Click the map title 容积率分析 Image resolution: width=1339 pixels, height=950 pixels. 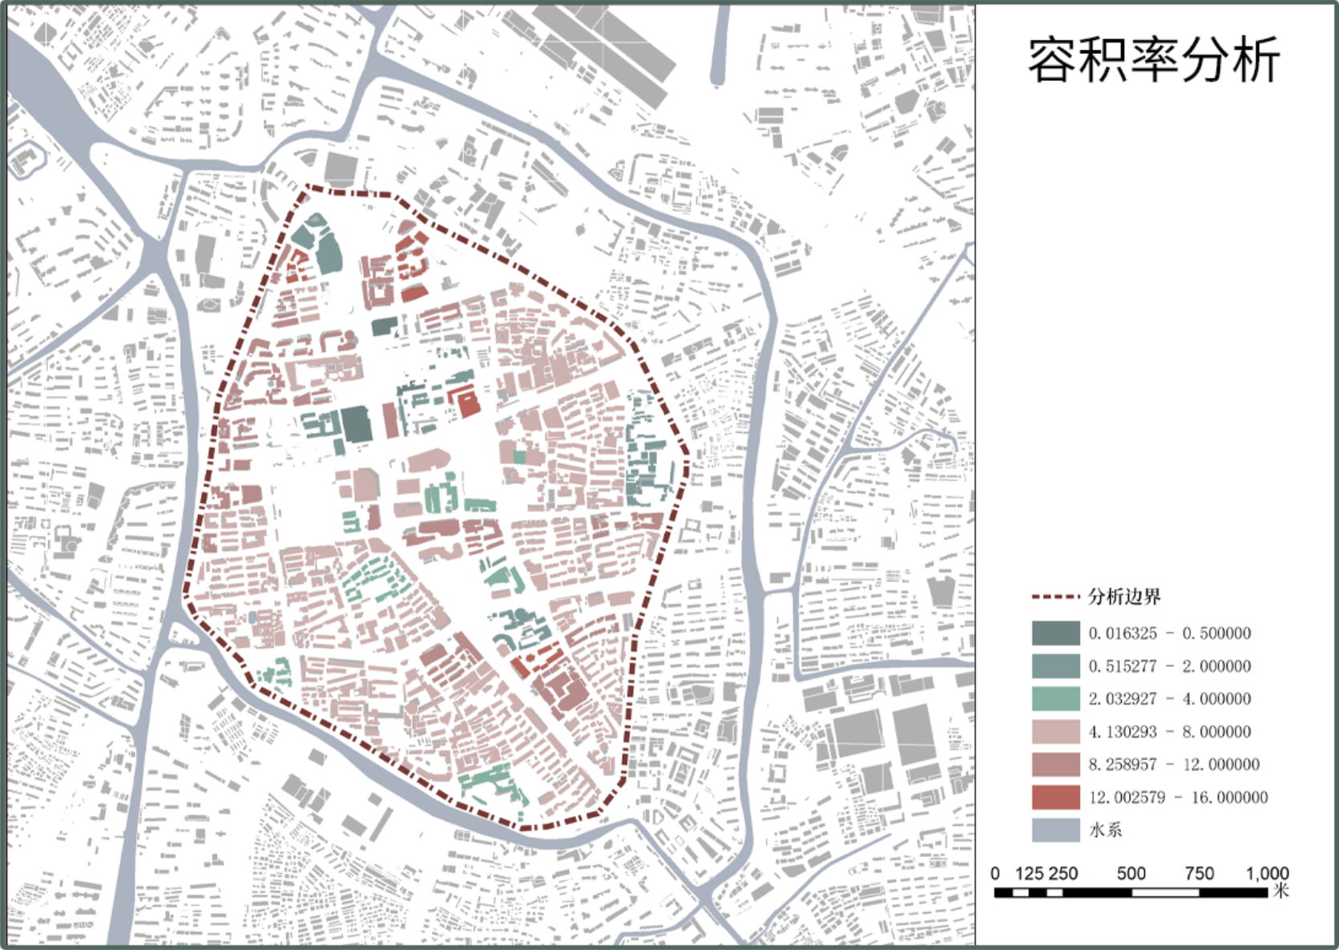click(1153, 60)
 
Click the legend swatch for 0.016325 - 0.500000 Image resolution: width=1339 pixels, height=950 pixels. click(1055, 633)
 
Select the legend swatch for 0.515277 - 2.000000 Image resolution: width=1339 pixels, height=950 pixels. click(1055, 666)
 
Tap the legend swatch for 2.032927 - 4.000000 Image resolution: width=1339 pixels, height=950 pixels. click(1055, 699)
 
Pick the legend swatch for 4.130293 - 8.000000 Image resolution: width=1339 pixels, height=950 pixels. click(1055, 732)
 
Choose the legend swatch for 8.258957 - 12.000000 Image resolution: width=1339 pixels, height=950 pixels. click(1055, 765)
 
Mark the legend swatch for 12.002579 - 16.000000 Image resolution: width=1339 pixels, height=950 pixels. click(1055, 798)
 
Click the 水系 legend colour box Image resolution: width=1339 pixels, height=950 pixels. click(1055, 831)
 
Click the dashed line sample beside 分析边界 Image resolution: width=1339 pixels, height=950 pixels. click(1055, 597)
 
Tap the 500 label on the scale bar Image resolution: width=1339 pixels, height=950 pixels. click(1131, 873)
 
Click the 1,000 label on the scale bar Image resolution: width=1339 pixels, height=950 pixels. click(1267, 873)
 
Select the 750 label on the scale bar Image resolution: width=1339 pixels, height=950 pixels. click(1199, 873)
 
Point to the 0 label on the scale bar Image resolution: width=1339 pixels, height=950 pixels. click(995, 873)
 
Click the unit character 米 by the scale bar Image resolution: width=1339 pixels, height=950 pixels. click(1281, 891)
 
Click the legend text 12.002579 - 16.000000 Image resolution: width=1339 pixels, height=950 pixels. click(1178, 798)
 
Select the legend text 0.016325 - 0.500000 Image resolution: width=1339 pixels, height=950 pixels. click(1169, 633)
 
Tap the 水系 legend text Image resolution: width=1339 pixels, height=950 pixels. click(1105, 831)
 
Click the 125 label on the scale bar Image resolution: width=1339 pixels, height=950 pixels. click(1029, 873)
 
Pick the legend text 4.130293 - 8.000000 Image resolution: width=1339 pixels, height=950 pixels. click(1169, 732)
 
